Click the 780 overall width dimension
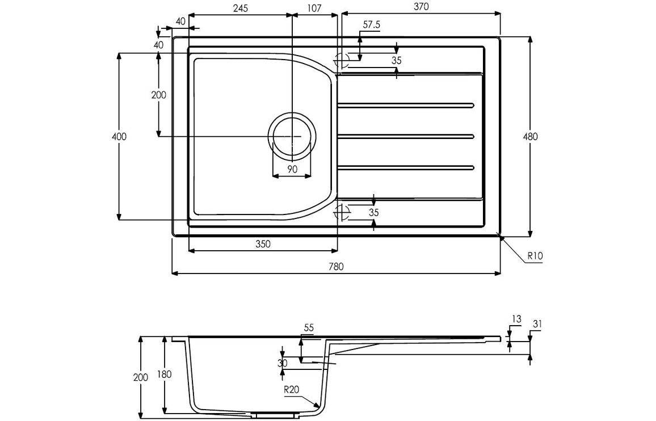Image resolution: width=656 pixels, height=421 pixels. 337,266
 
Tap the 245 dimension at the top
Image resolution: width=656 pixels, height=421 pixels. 240,8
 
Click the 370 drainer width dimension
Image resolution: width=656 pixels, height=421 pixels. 420,7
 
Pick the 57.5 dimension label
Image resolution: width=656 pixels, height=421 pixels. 371,25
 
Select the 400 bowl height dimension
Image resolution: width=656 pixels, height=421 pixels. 119,137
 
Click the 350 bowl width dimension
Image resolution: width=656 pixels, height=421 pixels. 262,244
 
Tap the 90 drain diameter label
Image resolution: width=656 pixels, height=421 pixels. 292,169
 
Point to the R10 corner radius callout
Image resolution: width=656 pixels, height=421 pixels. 535,256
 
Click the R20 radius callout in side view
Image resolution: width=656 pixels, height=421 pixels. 293,390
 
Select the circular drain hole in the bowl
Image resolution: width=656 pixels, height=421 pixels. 292,137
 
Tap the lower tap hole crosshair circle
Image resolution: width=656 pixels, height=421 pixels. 342,213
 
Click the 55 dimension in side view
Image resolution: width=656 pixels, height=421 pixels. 308,328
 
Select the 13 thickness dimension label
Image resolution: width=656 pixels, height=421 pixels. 515,319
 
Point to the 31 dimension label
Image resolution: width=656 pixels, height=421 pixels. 536,324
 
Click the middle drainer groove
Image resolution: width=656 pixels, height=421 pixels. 406,136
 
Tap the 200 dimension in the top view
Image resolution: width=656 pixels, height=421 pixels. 159,95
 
